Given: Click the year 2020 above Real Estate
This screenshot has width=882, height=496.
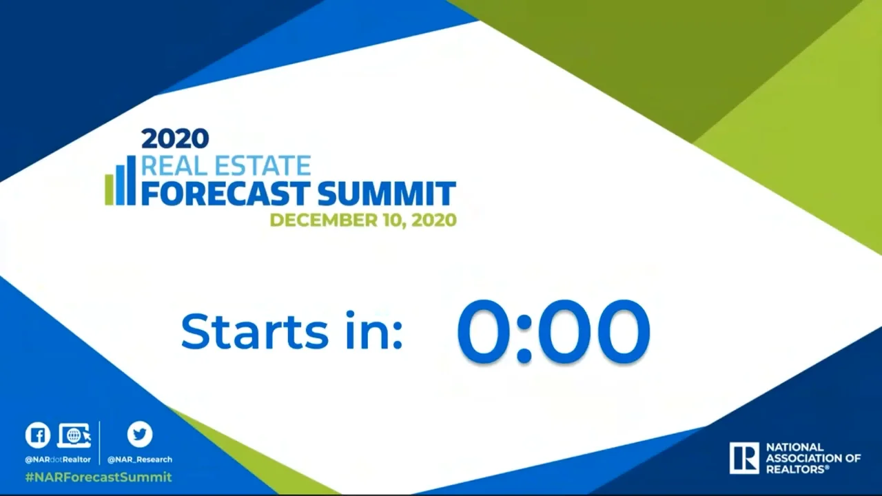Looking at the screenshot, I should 175,138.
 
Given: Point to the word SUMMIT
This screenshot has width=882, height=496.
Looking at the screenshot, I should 387,194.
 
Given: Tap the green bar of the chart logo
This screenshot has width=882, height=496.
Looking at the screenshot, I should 109,190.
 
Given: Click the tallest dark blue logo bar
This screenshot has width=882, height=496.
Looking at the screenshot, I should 131,180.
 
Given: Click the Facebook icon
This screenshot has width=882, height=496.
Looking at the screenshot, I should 38,435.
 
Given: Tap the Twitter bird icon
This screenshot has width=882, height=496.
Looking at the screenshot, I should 140,435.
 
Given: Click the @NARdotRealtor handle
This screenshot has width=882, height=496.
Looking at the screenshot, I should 58,459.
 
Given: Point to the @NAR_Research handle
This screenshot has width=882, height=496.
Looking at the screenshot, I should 140,459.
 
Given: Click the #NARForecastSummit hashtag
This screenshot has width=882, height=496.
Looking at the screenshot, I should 98,477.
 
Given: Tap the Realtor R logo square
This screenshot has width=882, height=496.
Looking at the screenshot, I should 743,458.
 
